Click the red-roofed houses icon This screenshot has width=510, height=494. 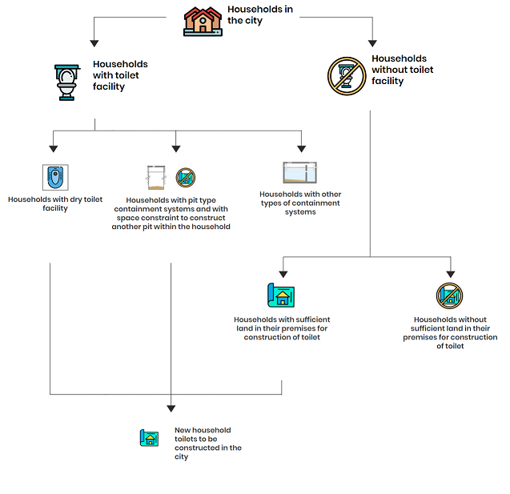(203, 22)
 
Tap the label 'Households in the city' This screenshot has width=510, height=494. (260, 14)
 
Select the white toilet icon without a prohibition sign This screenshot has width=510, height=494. (67, 82)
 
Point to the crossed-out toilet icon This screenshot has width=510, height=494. (347, 76)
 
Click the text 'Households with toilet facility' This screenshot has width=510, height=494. (120, 75)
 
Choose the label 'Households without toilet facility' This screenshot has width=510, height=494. (403, 70)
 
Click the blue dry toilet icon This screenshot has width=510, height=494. (55, 177)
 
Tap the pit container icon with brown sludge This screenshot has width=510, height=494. (156, 177)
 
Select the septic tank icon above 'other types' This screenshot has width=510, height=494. (299, 172)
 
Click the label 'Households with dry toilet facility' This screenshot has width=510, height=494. (55, 203)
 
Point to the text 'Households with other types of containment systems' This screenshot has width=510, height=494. (300, 203)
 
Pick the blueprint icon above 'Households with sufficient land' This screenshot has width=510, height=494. (281, 295)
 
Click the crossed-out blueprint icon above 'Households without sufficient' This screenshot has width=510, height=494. (449, 295)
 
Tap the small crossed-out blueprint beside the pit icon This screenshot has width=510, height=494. (186, 178)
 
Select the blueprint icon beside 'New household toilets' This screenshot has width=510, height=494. (149, 438)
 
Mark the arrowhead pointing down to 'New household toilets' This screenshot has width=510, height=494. (171, 409)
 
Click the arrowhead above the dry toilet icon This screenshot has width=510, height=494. (54, 149)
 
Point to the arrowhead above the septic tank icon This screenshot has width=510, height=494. (302, 149)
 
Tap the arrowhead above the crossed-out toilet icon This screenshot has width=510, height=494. (372, 43)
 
